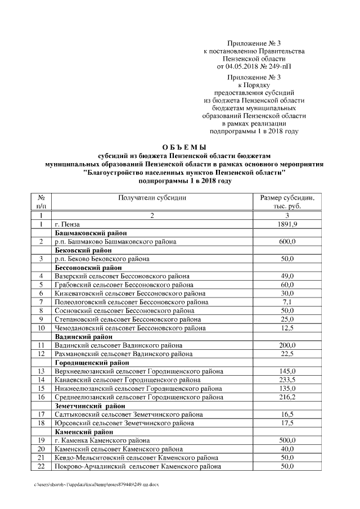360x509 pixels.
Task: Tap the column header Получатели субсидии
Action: pos(152,198)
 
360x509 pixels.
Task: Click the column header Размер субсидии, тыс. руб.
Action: pos(287,202)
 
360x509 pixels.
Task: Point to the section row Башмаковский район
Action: pos(90,233)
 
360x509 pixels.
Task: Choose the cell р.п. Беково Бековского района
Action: pos(102,259)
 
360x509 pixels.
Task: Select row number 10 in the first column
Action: pos(41,327)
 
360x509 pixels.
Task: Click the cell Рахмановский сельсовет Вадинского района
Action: pos(123,354)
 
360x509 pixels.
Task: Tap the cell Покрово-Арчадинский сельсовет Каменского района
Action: pos(137,466)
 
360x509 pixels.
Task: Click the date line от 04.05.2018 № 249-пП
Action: pos(254,66)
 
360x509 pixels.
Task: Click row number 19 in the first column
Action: pos(41,440)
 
